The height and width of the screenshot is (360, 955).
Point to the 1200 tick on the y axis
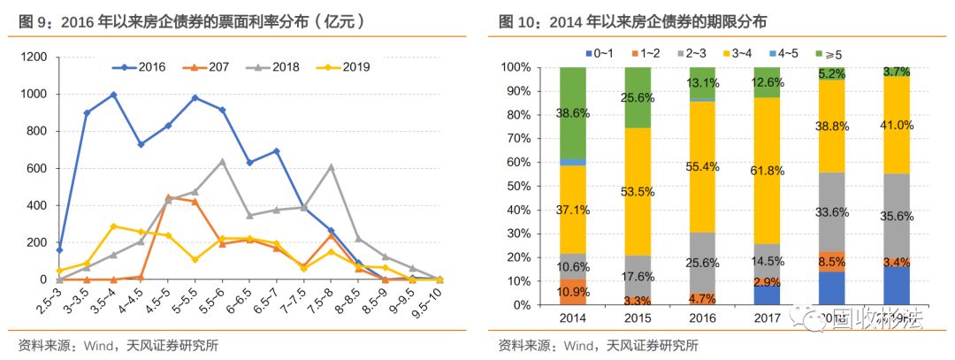(x=34, y=57)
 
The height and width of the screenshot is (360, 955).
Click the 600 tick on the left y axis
(x=37, y=168)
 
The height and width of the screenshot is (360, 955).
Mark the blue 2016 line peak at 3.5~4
(x=113, y=95)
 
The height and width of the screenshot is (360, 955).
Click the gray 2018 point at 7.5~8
(x=331, y=166)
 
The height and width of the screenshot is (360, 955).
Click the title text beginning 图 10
(x=633, y=20)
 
